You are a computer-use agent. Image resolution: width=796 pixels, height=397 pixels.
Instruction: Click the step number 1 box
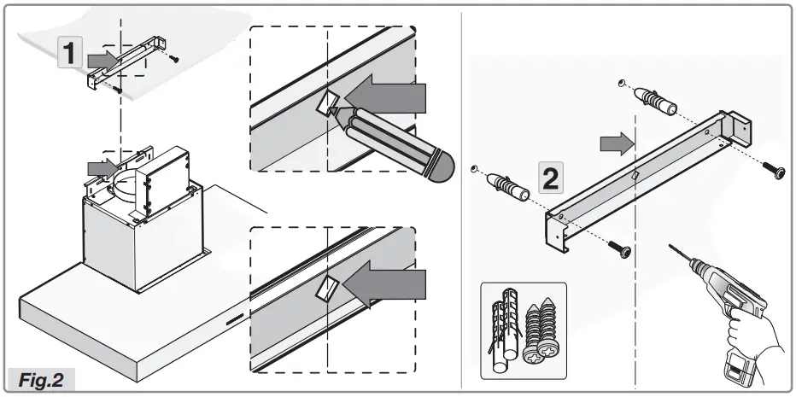(71, 55)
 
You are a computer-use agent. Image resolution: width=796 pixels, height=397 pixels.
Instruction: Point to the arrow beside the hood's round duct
(102, 166)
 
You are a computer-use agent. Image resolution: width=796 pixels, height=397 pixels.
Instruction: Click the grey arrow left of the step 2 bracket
(613, 143)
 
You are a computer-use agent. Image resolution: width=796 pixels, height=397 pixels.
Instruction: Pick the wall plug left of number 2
(508, 186)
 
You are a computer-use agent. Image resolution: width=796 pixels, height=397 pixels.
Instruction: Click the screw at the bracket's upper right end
(775, 172)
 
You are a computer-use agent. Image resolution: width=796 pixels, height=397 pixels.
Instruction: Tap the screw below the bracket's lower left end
(621, 249)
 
